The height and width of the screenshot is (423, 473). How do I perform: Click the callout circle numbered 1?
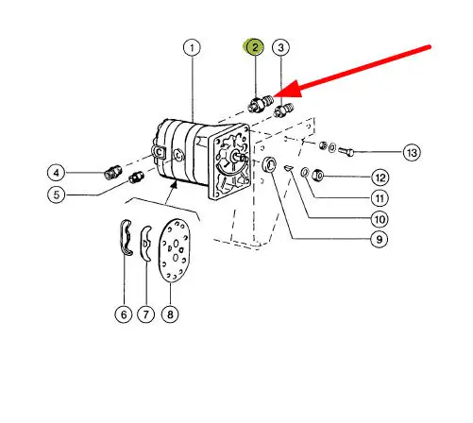tap(192, 48)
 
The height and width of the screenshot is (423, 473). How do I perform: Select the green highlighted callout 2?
tap(254, 47)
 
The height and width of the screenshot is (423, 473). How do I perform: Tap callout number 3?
tap(280, 47)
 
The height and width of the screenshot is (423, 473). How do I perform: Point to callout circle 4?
tap(56, 173)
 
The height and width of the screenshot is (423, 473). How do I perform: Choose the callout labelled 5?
tap(56, 195)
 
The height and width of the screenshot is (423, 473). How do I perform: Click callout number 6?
tap(124, 314)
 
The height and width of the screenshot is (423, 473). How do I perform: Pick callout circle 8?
tap(170, 314)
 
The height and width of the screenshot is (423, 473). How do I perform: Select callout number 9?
tap(380, 240)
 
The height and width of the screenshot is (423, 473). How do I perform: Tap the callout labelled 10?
tap(380, 219)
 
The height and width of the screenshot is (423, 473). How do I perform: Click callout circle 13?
tap(412, 153)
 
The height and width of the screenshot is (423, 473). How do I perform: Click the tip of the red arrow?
tap(273, 95)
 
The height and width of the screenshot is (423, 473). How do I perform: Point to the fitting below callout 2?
tap(261, 103)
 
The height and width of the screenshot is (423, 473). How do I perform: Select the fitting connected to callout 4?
tap(112, 172)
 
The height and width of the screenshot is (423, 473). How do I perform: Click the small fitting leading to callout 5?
tap(136, 178)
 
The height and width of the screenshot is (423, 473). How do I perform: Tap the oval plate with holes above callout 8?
tap(175, 250)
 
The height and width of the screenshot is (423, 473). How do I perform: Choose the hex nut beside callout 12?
tap(318, 175)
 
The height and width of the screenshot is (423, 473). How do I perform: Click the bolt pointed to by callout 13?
tap(346, 152)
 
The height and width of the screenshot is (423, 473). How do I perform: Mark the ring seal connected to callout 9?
tap(270, 164)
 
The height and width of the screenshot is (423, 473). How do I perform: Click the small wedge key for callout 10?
tap(288, 168)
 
